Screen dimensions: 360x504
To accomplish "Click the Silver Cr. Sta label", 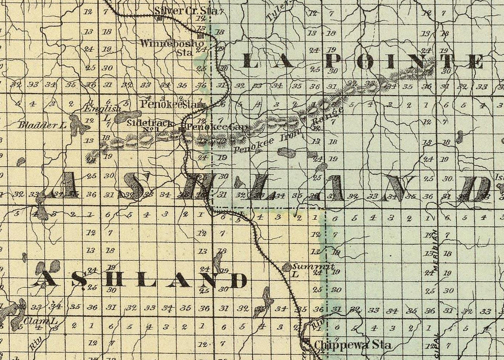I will coord(186,10).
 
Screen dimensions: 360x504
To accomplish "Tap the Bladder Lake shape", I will coord(77,125).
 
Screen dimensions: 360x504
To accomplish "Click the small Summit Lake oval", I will coord(286,268).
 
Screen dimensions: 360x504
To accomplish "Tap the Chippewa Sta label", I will coord(352,344).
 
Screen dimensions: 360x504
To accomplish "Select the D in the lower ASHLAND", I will coord(238,280).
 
